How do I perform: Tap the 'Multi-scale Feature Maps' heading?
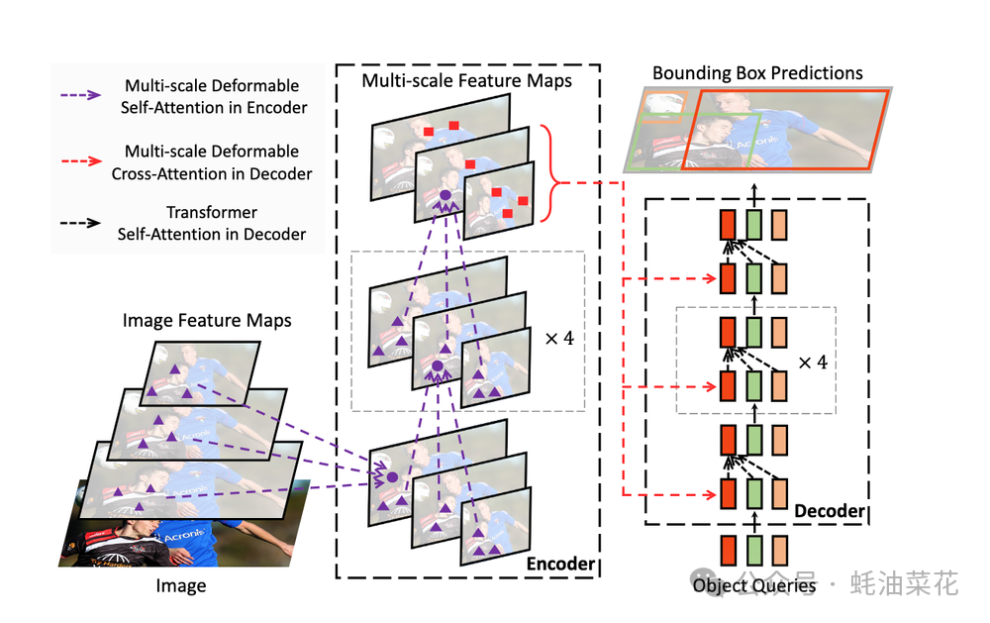point(466,81)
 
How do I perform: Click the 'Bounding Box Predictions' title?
point(757,73)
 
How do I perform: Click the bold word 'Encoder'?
point(560,564)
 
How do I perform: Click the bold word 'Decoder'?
point(830,511)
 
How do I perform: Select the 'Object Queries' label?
point(754,585)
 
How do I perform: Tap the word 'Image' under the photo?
point(181,585)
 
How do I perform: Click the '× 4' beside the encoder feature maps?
point(559,338)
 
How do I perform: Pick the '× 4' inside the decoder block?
point(812,362)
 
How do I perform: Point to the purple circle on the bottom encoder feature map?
point(392,477)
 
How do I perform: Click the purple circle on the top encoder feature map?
point(445,196)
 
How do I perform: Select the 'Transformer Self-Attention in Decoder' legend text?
point(212,224)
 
